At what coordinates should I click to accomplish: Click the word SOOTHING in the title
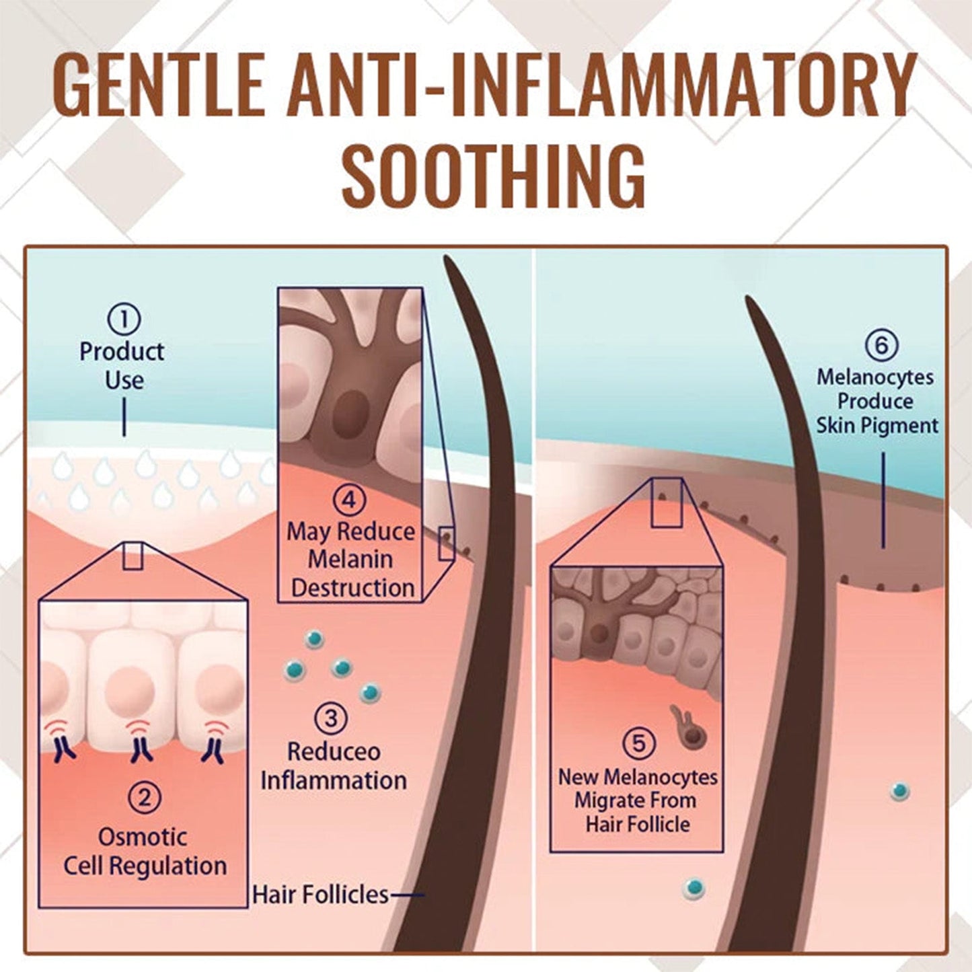tap(493, 172)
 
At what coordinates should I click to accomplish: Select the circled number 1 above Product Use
tap(124, 320)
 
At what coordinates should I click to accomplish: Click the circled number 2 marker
tap(144, 798)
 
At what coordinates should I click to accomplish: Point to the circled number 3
tap(331, 718)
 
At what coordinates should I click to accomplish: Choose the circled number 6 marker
tap(881, 345)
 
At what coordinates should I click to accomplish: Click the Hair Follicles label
tap(320, 895)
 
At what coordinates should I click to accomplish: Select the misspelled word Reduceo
tap(334, 751)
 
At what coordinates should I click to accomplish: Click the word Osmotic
tap(143, 837)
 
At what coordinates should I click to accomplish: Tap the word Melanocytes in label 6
tap(875, 377)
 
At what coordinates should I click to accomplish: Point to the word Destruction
tap(352, 588)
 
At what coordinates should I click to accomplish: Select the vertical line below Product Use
tap(124, 416)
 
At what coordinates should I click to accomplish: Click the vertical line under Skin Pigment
tap(883, 499)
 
